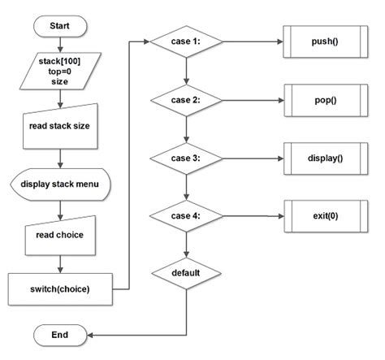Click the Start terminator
click(x=60, y=26)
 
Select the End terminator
click(x=60, y=334)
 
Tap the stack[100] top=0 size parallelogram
click(x=60, y=72)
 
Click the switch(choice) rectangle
click(x=60, y=288)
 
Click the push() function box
click(x=324, y=40)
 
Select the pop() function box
click(x=324, y=99)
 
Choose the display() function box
click(x=324, y=158)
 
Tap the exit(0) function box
click(x=324, y=216)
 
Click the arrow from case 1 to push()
click(x=252, y=40)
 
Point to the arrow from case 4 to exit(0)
click(x=252, y=216)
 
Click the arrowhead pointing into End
click(x=91, y=334)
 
